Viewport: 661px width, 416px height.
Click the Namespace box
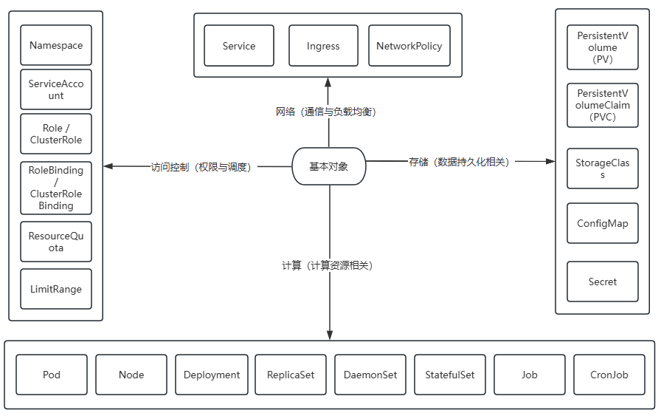pyautogui.click(x=56, y=45)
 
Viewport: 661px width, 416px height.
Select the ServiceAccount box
pyautogui.click(x=56, y=89)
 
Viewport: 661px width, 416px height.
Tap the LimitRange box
pyautogui.click(x=56, y=289)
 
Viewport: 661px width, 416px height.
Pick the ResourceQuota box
pyautogui.click(x=56, y=242)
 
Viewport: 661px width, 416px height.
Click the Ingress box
pyautogui.click(x=323, y=46)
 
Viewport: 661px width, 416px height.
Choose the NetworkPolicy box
pyautogui.click(x=409, y=46)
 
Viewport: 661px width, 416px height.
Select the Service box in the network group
pyautogui.click(x=239, y=46)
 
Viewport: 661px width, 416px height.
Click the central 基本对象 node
pyautogui.click(x=329, y=166)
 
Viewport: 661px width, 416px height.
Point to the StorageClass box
pyautogui.click(x=603, y=168)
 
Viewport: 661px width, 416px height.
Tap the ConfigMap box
pyautogui.click(x=603, y=223)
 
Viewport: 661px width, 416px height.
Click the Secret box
pyautogui.click(x=603, y=282)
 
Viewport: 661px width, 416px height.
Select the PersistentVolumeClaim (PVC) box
pyautogui.click(x=603, y=105)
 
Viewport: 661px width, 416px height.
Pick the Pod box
pyautogui.click(x=52, y=375)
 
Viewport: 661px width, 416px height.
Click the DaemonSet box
pyautogui.click(x=370, y=375)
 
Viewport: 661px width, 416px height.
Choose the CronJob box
pyautogui.click(x=609, y=375)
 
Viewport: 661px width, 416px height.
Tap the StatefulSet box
pyautogui.click(x=450, y=375)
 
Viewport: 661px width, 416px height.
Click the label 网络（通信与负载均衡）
pyautogui.click(x=326, y=112)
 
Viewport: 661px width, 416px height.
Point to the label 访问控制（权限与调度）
pyautogui.click(x=201, y=167)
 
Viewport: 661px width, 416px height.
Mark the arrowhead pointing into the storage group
pyautogui.click(x=550, y=161)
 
